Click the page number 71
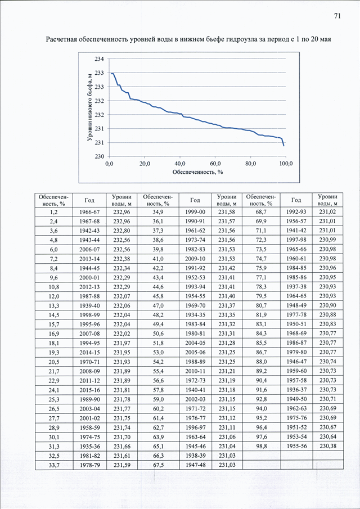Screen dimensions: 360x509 click(x=337, y=17)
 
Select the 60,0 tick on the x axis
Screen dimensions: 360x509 click(x=215, y=164)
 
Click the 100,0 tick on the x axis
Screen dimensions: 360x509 click(x=286, y=164)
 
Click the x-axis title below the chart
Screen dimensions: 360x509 click(x=197, y=172)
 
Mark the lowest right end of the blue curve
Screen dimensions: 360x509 click(x=283, y=146)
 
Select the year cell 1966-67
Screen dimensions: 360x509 click(x=89, y=212)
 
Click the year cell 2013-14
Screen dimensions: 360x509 click(x=89, y=259)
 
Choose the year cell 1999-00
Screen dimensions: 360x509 click(x=195, y=212)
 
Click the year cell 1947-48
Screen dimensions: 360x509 click(x=195, y=465)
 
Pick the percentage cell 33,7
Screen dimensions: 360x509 click(x=54, y=465)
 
